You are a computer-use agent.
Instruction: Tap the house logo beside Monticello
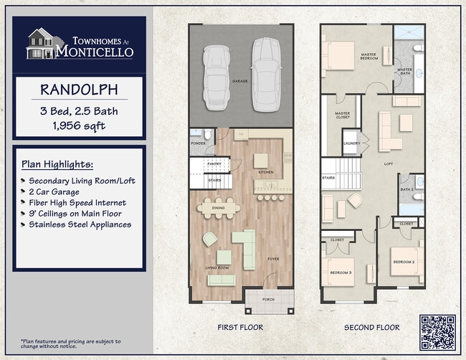[x=41, y=44]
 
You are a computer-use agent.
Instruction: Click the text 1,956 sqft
[x=80, y=125]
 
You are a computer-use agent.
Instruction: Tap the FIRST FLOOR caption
[x=240, y=328]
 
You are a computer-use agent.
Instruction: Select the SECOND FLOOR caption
[x=372, y=328]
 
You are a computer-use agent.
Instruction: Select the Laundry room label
[x=352, y=143]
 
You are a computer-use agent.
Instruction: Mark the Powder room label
[x=198, y=143]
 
